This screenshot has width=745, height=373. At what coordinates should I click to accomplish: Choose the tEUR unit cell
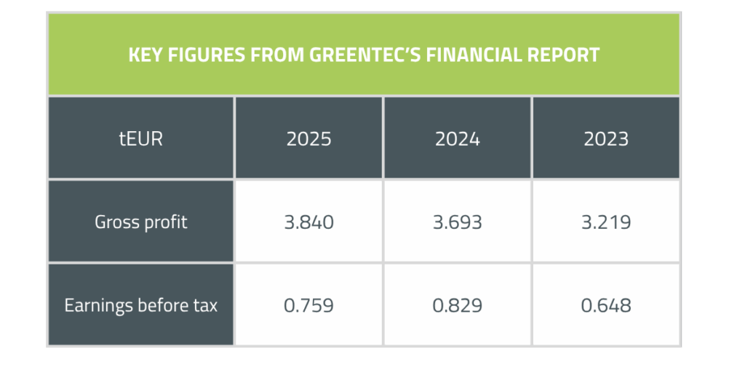tap(140, 138)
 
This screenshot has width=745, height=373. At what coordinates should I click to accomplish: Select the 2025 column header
tap(308, 138)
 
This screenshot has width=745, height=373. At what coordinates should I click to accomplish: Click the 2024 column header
tap(457, 138)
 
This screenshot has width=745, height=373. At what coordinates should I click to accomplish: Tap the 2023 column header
tap(606, 138)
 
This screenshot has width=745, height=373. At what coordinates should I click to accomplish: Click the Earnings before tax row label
tap(140, 305)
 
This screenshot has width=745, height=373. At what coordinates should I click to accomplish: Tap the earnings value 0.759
tap(308, 305)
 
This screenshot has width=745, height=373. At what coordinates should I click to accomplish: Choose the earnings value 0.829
tap(457, 305)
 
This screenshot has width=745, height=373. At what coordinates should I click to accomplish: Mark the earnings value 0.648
tap(606, 305)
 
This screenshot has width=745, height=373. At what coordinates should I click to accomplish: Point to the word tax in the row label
tap(205, 305)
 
